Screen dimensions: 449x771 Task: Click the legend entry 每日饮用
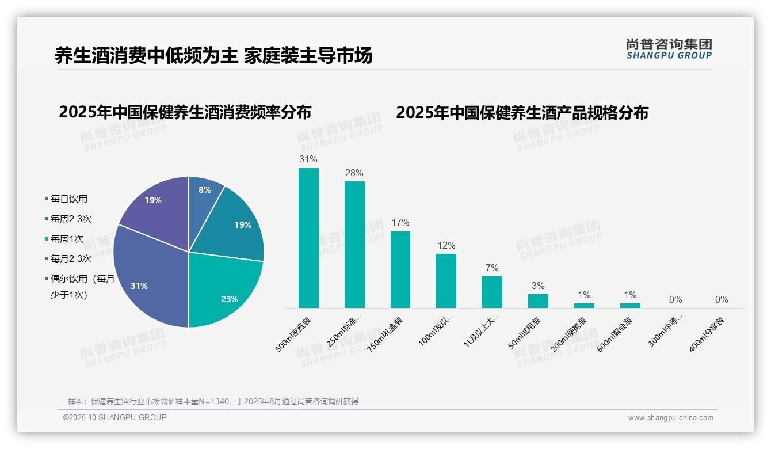pyautogui.click(x=68, y=199)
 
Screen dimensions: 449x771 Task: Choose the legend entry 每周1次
pyautogui.click(x=67, y=239)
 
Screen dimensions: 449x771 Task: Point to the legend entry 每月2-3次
pyautogui.click(x=71, y=258)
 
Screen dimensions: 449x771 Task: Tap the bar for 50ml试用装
pyautogui.click(x=538, y=301)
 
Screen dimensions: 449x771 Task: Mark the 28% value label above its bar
pyautogui.click(x=354, y=173)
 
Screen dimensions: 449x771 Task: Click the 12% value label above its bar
pyautogui.click(x=446, y=245)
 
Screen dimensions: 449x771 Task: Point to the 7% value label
pyautogui.click(x=492, y=268)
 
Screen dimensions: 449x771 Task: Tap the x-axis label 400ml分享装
pyautogui.click(x=707, y=334)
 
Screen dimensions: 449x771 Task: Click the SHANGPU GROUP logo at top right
pyautogui.click(x=669, y=49)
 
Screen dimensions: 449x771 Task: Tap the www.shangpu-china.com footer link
pyautogui.click(x=670, y=418)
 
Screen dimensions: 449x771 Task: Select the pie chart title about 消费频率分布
pyautogui.click(x=185, y=112)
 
